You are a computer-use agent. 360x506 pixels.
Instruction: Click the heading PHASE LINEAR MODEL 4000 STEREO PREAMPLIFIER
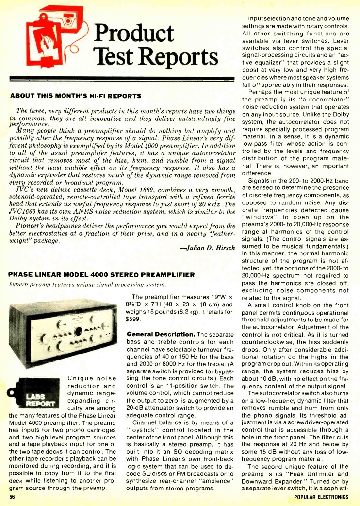point(102,275)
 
